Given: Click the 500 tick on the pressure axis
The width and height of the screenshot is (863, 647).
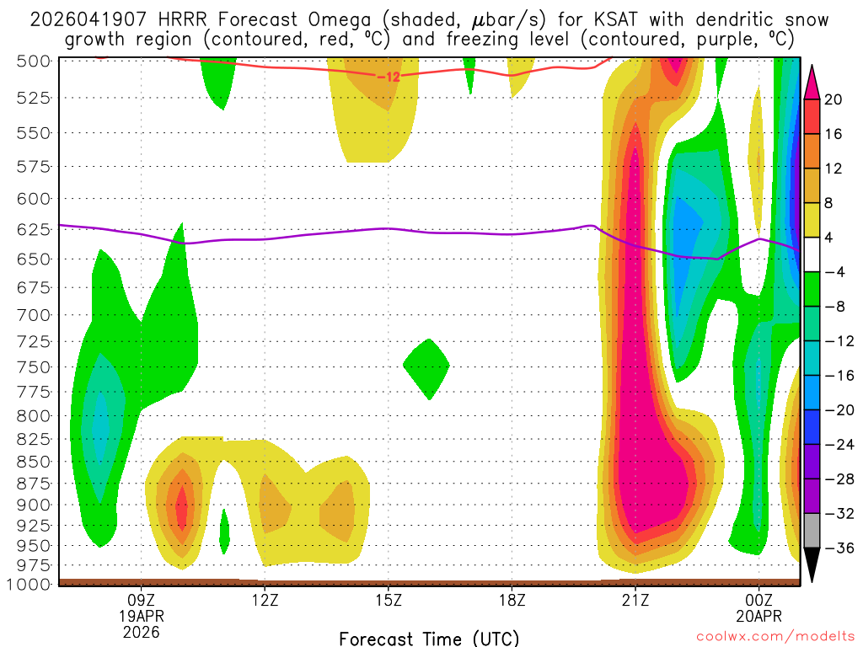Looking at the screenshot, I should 34,61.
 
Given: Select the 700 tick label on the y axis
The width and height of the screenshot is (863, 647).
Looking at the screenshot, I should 34,315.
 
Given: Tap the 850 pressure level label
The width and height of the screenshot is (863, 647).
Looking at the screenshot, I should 34,462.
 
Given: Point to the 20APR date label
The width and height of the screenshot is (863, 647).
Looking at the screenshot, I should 759,615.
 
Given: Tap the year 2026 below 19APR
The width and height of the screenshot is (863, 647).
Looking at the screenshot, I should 142,631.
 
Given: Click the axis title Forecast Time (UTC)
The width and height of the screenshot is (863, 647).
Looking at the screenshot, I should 429,638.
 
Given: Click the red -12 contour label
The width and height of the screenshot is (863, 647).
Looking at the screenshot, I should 388,77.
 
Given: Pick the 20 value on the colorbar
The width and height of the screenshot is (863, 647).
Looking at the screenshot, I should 834,99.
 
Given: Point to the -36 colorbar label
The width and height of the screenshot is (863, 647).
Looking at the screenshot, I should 837,548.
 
